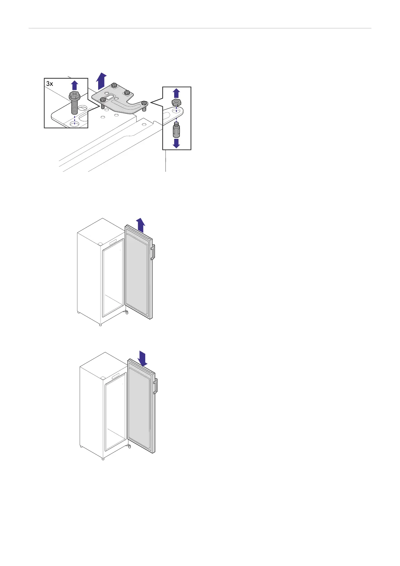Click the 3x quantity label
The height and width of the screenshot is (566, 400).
tap(49, 84)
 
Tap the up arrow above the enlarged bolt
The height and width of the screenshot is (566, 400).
tap(75, 85)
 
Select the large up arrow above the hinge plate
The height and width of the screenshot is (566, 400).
tap(101, 81)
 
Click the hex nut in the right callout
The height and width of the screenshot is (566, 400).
tap(176, 102)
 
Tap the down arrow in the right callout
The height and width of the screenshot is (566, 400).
tap(176, 143)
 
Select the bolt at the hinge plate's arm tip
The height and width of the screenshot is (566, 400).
tap(144, 103)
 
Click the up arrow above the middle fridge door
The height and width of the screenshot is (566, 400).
tap(141, 225)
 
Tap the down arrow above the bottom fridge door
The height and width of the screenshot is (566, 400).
tap(143, 359)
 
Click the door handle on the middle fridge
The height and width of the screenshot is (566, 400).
tap(153, 252)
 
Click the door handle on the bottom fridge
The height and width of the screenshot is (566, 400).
tap(155, 386)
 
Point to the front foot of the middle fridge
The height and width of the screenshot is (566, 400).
tap(100, 324)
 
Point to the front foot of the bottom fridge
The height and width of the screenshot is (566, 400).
tap(103, 458)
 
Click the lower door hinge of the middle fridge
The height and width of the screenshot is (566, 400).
tap(126, 313)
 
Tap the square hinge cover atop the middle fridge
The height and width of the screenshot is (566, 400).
tap(100, 244)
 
